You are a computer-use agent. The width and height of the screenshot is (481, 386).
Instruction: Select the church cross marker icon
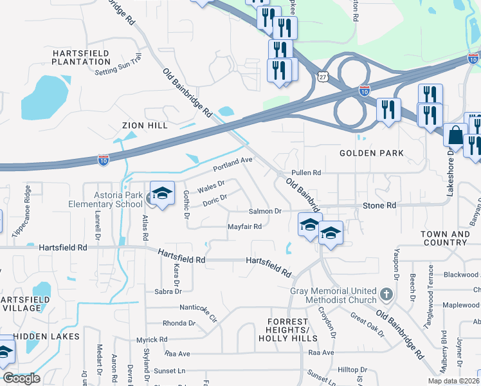[x=386, y=295]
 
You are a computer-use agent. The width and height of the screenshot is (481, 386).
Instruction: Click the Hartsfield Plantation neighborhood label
[x=82, y=57]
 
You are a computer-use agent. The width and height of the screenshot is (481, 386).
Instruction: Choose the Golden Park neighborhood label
[x=372, y=153]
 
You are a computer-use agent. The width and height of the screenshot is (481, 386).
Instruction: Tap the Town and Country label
[x=445, y=238]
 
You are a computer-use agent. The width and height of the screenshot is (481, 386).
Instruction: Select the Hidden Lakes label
[x=46, y=336]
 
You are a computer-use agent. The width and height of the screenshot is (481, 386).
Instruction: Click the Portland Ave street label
[x=234, y=165]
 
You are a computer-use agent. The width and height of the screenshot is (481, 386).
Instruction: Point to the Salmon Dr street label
[x=266, y=211]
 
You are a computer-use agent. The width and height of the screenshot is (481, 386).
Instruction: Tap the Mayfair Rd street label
[x=244, y=226]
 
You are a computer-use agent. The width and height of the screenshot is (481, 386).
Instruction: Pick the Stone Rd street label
[x=379, y=205]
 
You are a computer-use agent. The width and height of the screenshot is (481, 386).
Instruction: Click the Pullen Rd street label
[x=305, y=172]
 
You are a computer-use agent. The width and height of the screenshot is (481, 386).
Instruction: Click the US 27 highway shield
[x=322, y=76]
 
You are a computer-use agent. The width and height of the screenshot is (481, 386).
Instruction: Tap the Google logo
[x=21, y=378]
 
